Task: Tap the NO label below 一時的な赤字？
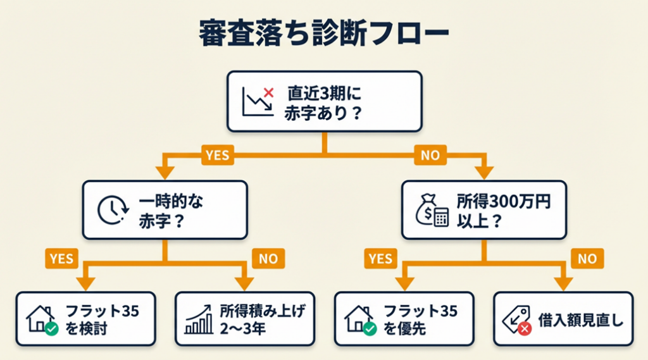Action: (x=268, y=258)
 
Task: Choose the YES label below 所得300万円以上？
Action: (x=380, y=258)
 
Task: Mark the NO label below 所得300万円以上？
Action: (x=587, y=258)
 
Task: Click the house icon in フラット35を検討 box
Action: (x=42, y=319)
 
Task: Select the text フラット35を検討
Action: (x=101, y=319)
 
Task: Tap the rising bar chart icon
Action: (x=199, y=319)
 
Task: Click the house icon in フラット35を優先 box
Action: (x=360, y=319)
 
